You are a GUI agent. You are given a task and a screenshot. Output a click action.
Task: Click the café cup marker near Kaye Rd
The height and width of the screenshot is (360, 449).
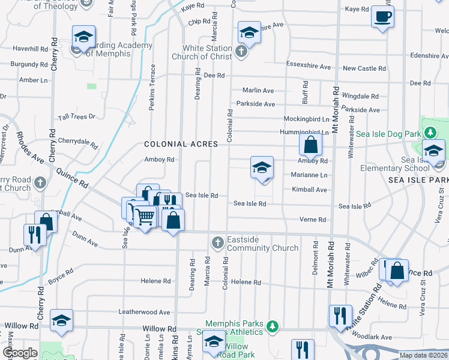pyautogui.click(x=382, y=17)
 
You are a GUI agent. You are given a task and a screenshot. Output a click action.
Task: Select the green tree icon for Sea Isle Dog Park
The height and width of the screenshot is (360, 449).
pyautogui.click(x=430, y=132)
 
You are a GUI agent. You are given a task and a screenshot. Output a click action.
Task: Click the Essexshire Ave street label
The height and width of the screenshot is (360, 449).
pyautogui.click(x=309, y=67)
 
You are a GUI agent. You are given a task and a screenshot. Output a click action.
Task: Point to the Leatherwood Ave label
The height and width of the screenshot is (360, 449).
pyautogui.click(x=144, y=312)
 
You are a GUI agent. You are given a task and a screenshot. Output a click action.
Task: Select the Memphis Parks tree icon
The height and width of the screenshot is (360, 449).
pyautogui.click(x=273, y=325)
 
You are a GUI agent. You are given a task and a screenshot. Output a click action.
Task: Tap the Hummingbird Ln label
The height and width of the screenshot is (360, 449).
pyautogui.click(x=304, y=132)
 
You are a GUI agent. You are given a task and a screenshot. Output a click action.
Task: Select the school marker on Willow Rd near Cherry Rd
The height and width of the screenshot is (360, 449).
pyautogui.click(x=61, y=320)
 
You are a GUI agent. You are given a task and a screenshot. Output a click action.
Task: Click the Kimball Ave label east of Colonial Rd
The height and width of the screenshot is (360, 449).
pyautogui.click(x=309, y=190)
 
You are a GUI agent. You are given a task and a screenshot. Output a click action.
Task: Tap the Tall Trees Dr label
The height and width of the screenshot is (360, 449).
pyautogui.click(x=77, y=118)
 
